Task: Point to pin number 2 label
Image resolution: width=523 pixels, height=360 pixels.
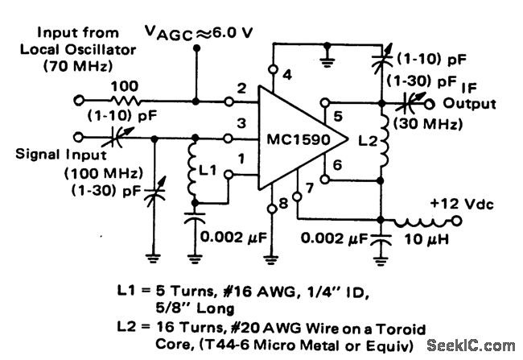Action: click(x=241, y=87)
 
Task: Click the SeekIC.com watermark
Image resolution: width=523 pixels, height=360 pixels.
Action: click(x=474, y=343)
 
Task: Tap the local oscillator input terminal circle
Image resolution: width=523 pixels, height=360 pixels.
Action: click(x=79, y=101)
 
